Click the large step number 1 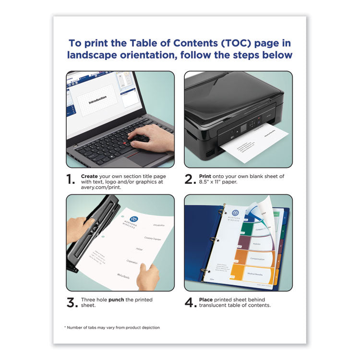click(x=71, y=180)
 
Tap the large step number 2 click(x=189, y=180)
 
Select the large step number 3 click(x=71, y=302)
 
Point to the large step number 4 click(x=190, y=302)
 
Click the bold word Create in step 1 click(x=90, y=176)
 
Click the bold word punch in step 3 click(x=116, y=300)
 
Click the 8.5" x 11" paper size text click(x=213, y=182)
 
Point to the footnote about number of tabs click(x=112, y=327)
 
